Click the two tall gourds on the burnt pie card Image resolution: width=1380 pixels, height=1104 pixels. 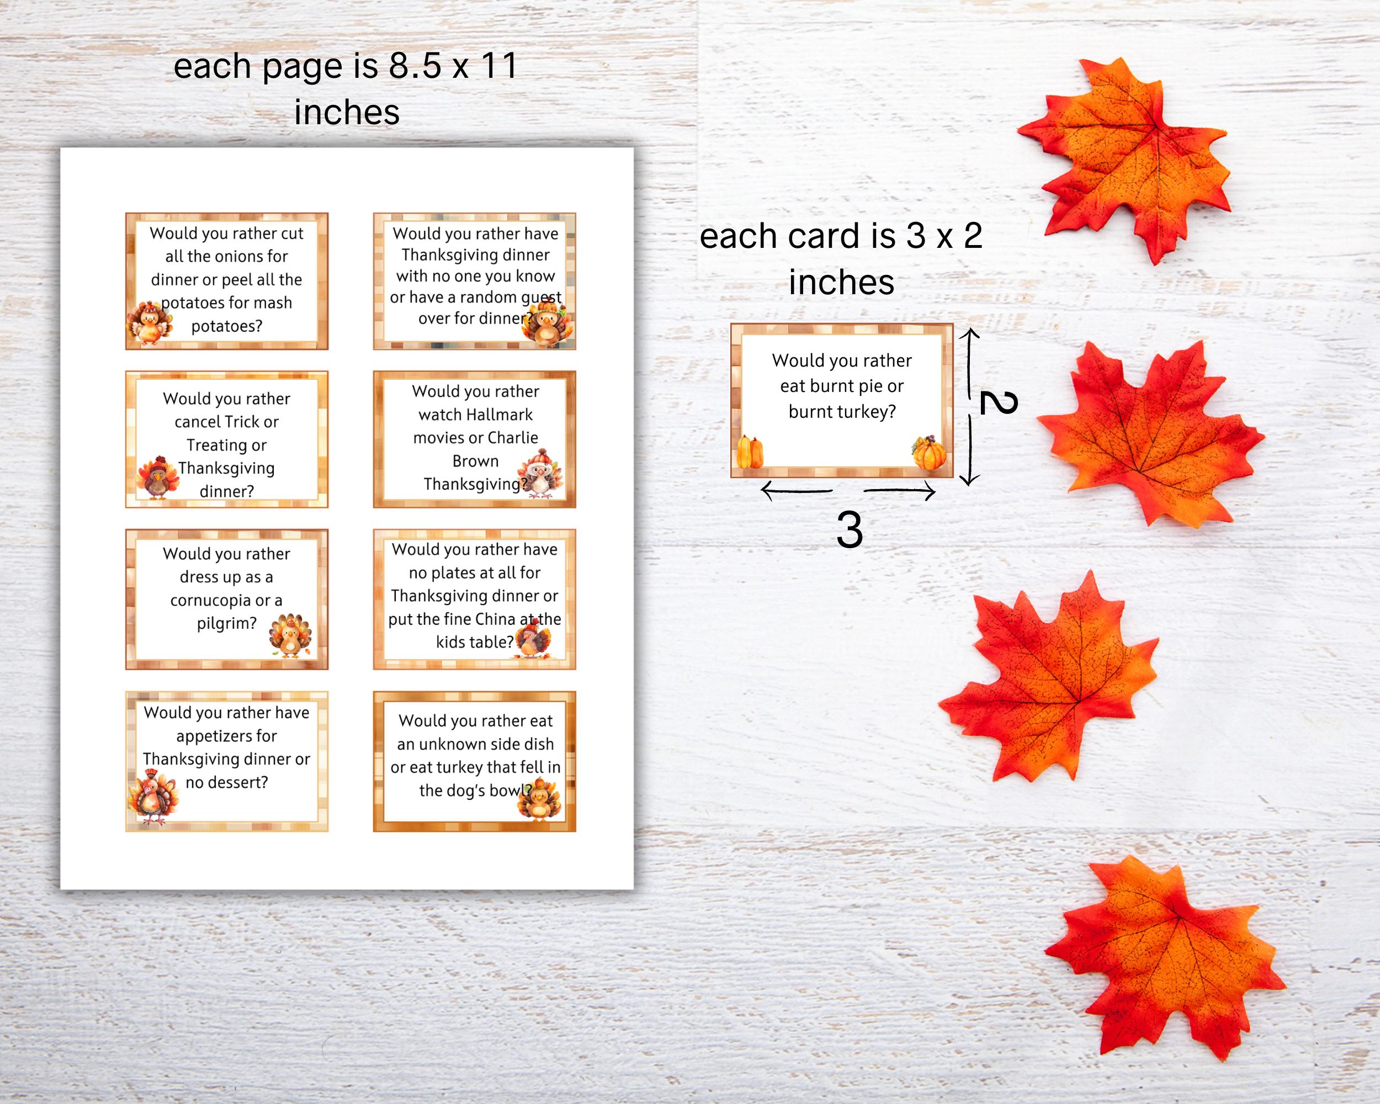tap(750, 453)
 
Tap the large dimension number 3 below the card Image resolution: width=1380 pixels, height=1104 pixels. tap(850, 530)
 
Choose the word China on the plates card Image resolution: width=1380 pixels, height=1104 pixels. tap(495, 619)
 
